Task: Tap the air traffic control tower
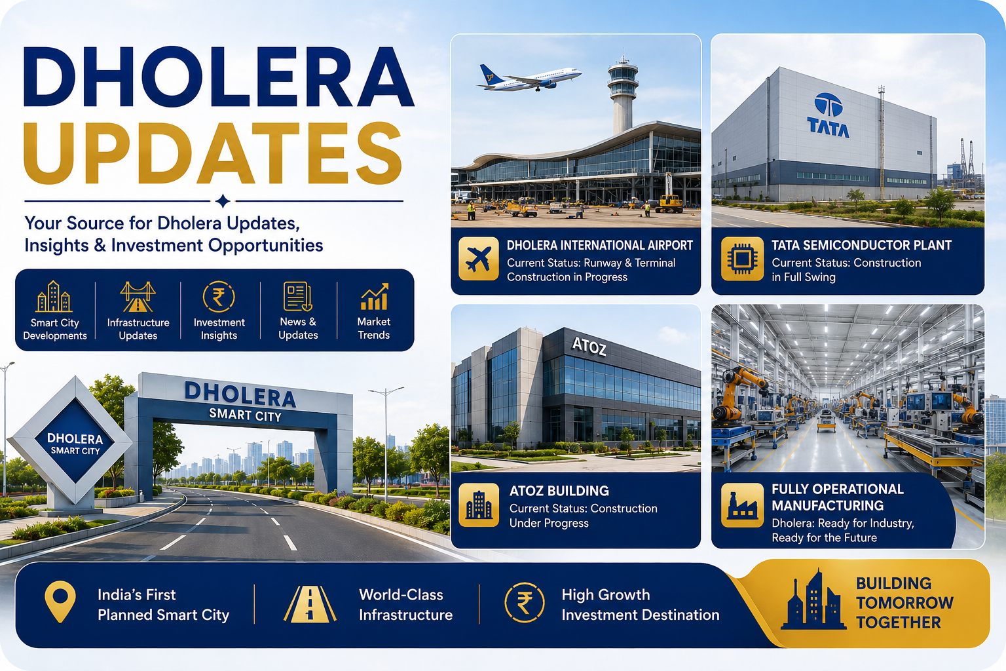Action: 622,94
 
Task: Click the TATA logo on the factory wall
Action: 828,115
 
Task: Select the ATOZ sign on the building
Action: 589,347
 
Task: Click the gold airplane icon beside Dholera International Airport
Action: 478,259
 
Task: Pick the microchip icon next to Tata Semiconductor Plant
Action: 742,259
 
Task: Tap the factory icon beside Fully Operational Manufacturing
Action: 742,505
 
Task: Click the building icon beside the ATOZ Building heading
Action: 478,505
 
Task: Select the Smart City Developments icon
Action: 54,297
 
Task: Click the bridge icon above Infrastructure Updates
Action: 138,297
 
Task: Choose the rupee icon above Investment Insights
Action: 219,297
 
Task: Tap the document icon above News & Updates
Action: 297,297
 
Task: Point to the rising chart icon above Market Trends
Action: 374,297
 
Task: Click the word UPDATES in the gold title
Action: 212,153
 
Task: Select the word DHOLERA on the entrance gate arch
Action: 240,394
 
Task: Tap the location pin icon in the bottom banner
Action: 60,602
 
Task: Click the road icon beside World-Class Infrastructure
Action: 310,604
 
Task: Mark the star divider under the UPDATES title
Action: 223,201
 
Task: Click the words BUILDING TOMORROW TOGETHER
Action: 904,603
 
